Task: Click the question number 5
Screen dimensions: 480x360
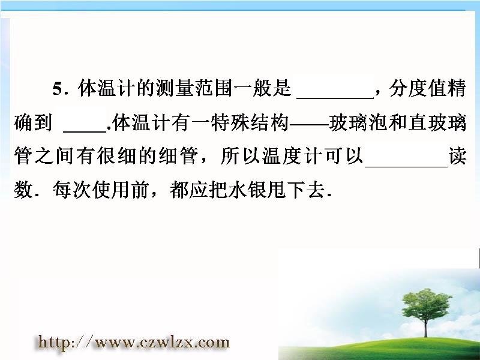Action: click(x=57, y=89)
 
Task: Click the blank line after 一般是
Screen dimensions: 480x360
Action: click(x=335, y=98)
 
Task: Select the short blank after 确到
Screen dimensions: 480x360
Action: click(x=85, y=131)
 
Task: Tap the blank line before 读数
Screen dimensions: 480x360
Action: click(x=406, y=166)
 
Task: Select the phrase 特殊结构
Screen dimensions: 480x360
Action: click(x=250, y=123)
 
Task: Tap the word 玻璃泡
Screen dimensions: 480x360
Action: click(x=358, y=123)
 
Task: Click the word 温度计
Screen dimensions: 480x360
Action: click(x=291, y=157)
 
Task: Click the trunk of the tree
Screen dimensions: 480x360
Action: click(x=425, y=325)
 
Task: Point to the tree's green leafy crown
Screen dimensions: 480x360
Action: click(x=426, y=302)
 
